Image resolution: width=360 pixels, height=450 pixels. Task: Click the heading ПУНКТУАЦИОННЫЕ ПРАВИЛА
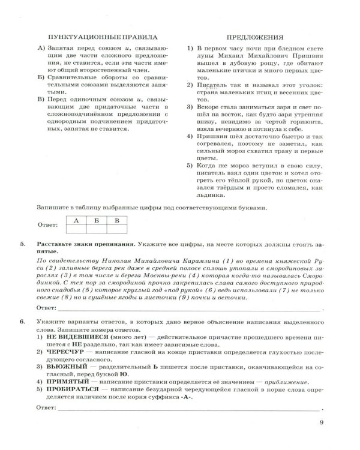pyautogui.click(x=101, y=36)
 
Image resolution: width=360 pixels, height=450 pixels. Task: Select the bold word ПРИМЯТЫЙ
pyautogui.click(x=64, y=388)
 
